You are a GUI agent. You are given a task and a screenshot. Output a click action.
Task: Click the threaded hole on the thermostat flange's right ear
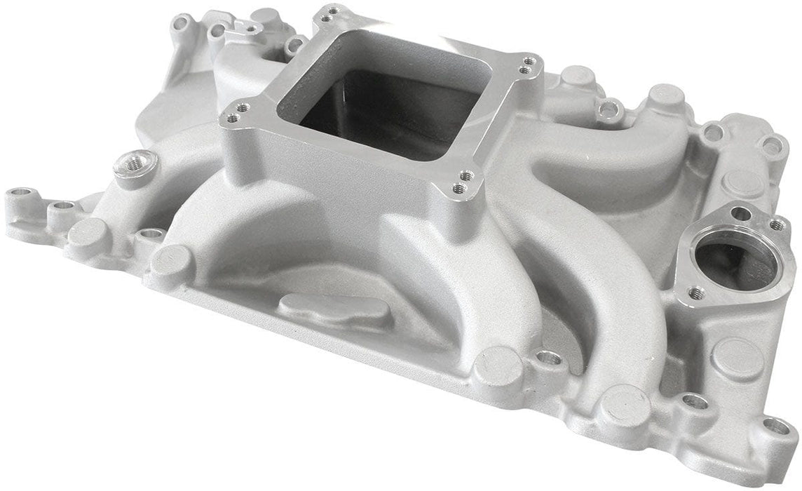(x=776, y=225)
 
